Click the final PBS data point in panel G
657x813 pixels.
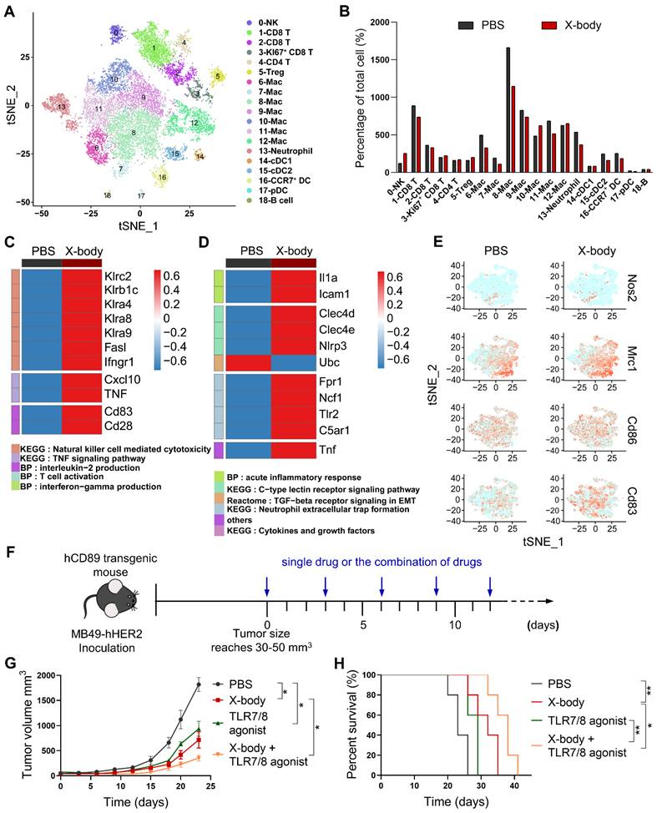point(198,684)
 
